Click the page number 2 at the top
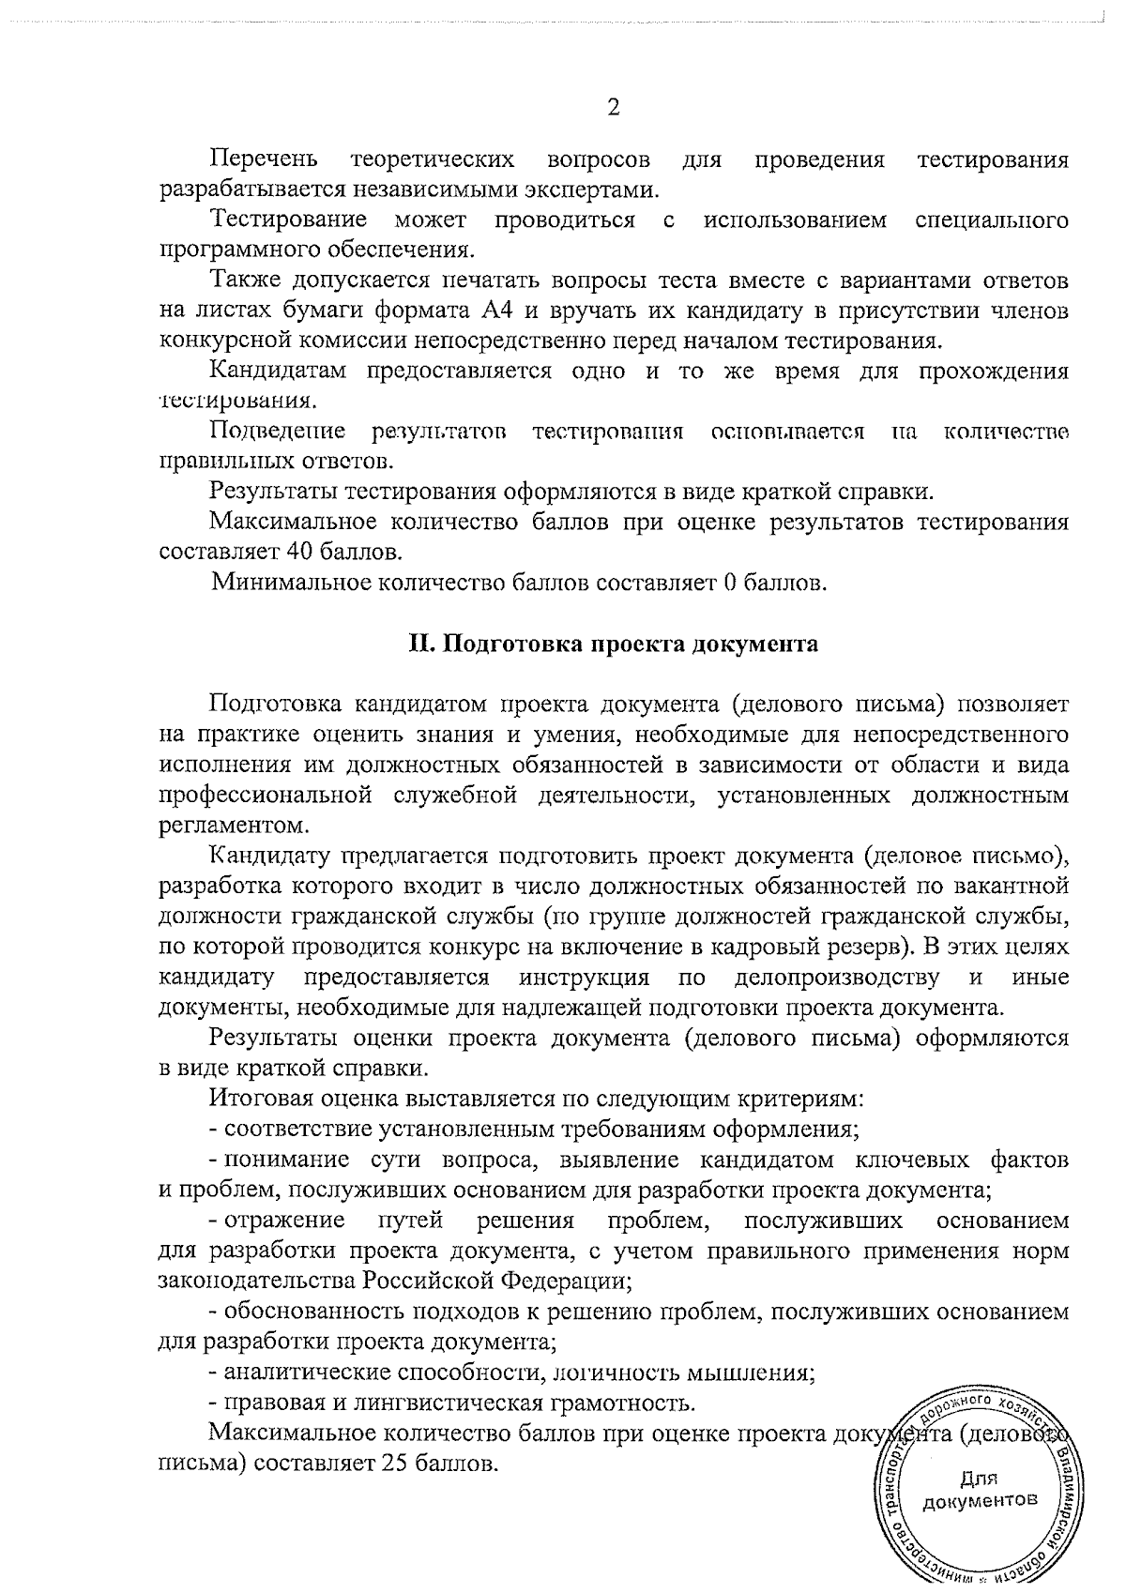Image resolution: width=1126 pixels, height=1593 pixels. pyautogui.click(x=614, y=107)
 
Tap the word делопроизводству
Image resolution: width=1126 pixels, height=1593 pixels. pyautogui.click(x=836, y=979)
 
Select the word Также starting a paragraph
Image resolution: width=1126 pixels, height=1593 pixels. pyautogui.click(x=241, y=281)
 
